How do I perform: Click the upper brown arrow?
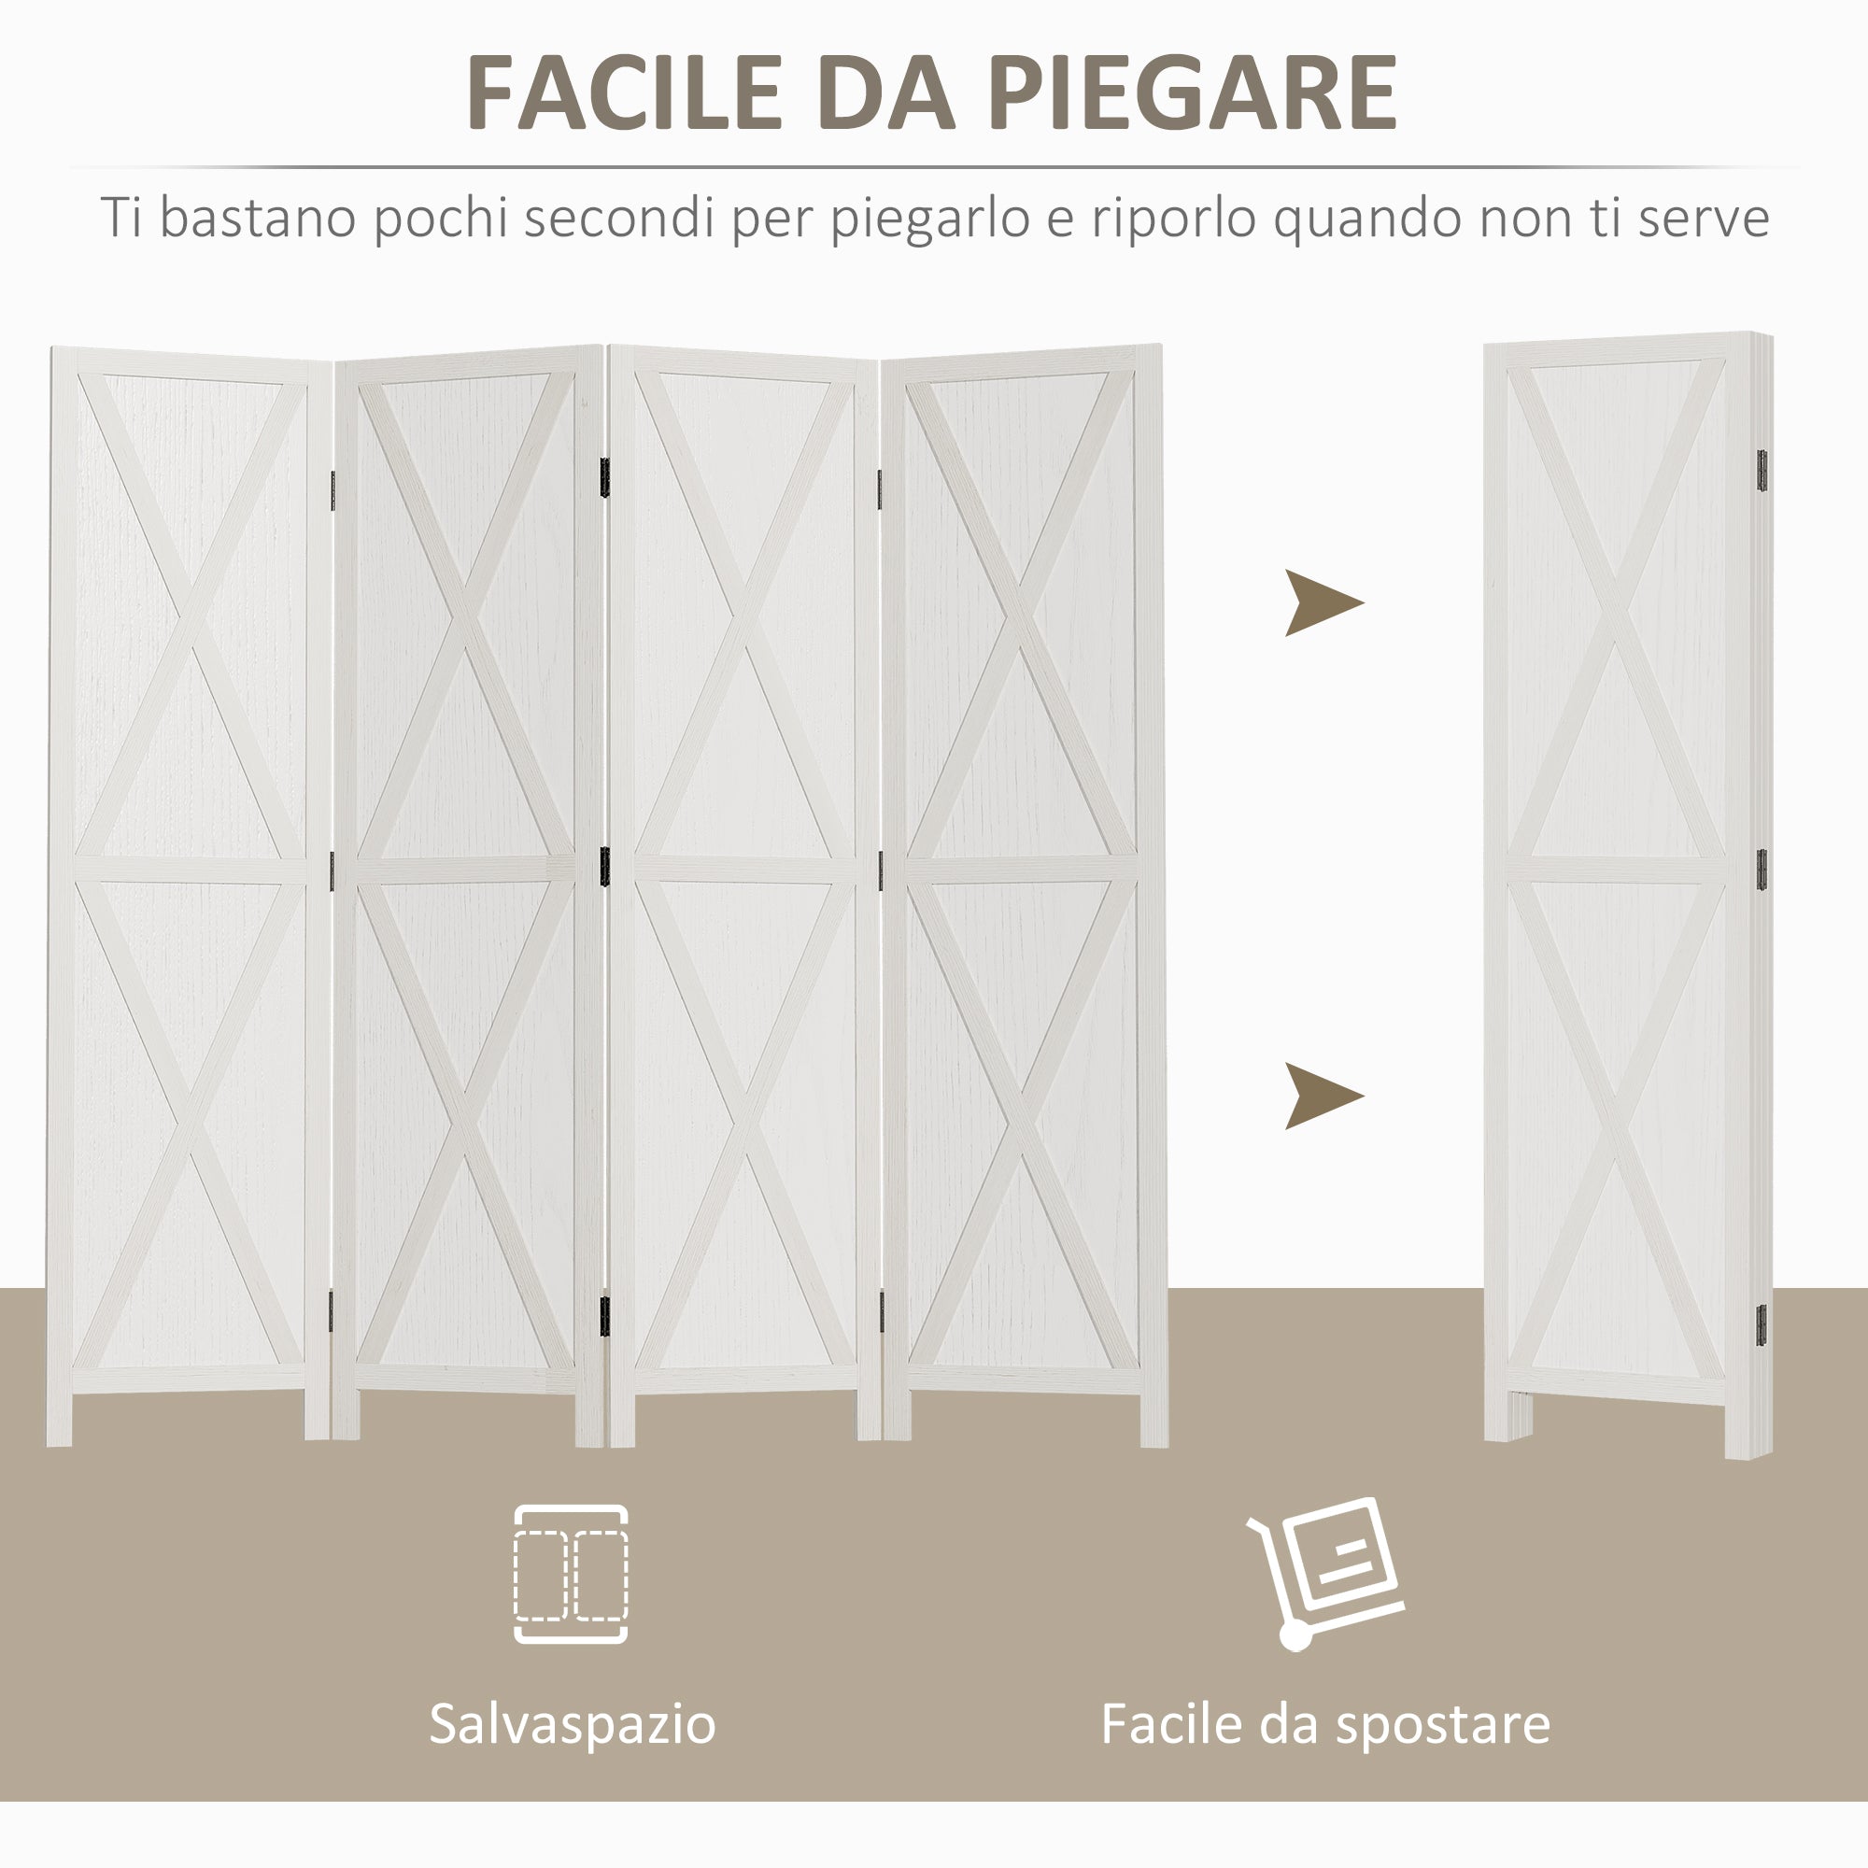coord(1322,603)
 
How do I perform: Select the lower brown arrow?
coord(1322,1096)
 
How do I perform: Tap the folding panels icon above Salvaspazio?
coord(571,1573)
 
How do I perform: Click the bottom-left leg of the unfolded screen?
coord(59,1421)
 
